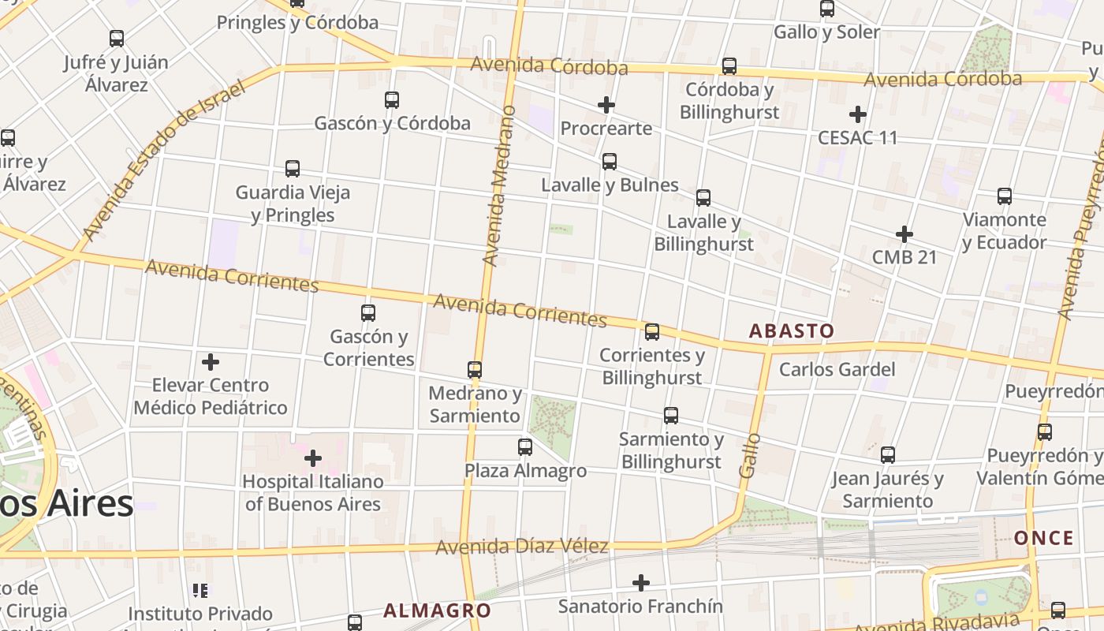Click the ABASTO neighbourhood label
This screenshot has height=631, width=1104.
791,331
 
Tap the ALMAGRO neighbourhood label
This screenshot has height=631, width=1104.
437,610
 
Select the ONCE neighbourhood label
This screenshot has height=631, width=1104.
1044,539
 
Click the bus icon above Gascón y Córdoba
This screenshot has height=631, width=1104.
392,100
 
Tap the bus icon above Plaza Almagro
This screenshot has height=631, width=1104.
525,447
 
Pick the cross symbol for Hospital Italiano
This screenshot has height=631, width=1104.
313,457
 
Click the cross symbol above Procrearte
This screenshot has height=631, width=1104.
606,105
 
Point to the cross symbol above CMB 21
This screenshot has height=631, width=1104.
904,234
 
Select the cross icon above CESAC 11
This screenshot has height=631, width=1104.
858,114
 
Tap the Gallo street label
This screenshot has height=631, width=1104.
750,455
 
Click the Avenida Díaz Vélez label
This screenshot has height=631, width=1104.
522,546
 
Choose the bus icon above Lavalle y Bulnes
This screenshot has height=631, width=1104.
610,162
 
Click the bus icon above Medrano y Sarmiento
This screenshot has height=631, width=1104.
475,369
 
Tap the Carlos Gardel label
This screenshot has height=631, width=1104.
837,369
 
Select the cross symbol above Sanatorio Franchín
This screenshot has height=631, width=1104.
641,583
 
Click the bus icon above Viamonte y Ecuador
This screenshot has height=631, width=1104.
1005,196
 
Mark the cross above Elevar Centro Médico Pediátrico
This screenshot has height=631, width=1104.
211,362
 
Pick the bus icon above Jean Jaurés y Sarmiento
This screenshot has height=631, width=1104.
888,455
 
